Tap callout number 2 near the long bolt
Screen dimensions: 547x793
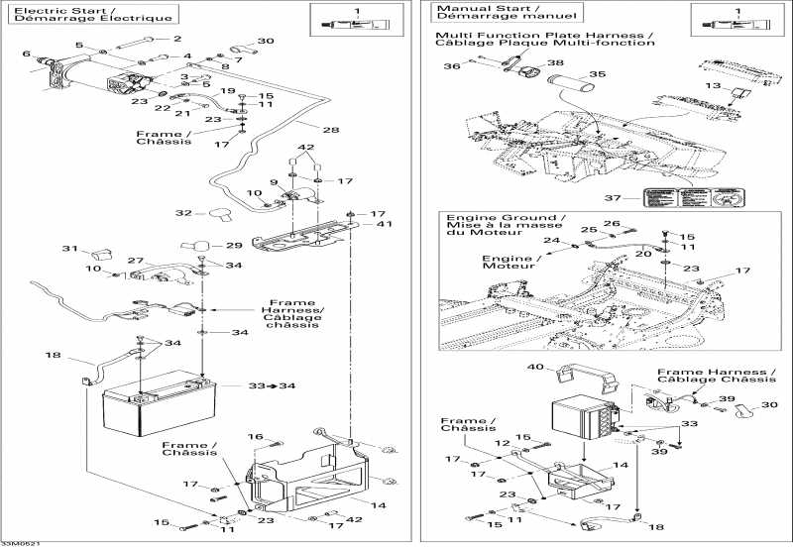point(178,39)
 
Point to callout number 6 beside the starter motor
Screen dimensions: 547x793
point(26,54)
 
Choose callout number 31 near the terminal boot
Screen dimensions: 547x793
point(69,249)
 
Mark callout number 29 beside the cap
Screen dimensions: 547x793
point(234,245)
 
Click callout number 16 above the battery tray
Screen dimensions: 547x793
point(256,437)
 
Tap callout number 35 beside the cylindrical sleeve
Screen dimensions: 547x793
point(597,74)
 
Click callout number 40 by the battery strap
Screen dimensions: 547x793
point(535,367)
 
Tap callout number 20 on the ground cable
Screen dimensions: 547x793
point(642,255)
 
